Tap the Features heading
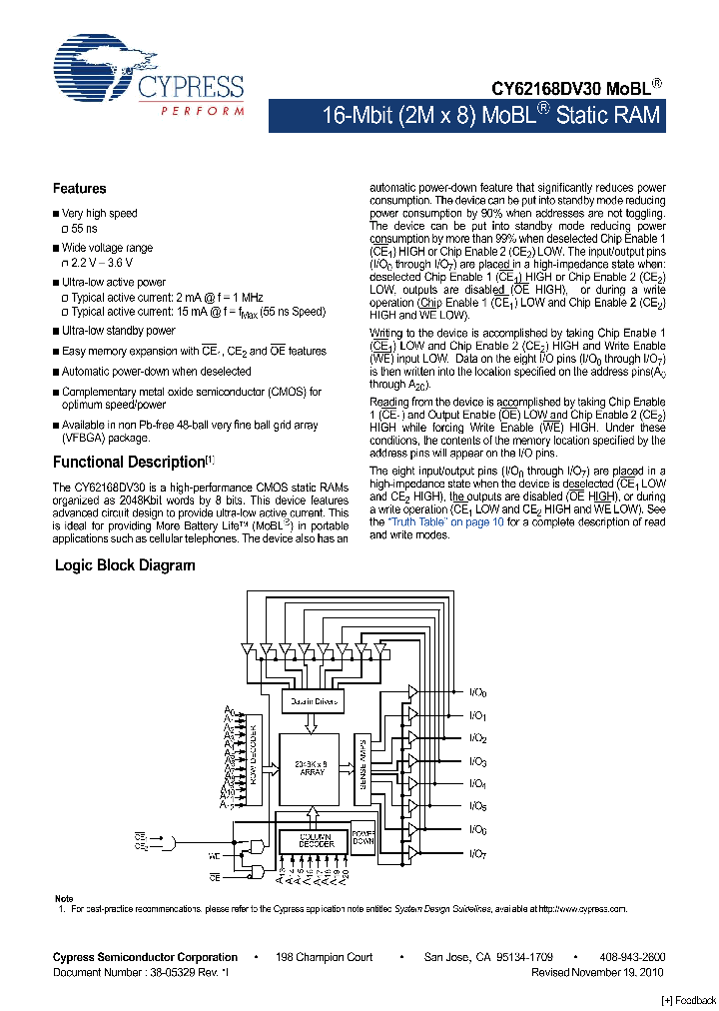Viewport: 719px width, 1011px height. coord(79,189)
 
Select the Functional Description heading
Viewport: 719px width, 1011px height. coord(128,462)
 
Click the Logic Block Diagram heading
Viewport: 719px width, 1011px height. coord(125,565)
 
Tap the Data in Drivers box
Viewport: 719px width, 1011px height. coord(315,701)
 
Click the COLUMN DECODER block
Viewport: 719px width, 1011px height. coord(313,841)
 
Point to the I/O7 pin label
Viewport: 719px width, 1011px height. coord(478,852)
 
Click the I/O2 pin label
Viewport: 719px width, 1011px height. coord(478,738)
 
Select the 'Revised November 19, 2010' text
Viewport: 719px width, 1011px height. coord(596,971)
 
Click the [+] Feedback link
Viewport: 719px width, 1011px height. coord(689,1000)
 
